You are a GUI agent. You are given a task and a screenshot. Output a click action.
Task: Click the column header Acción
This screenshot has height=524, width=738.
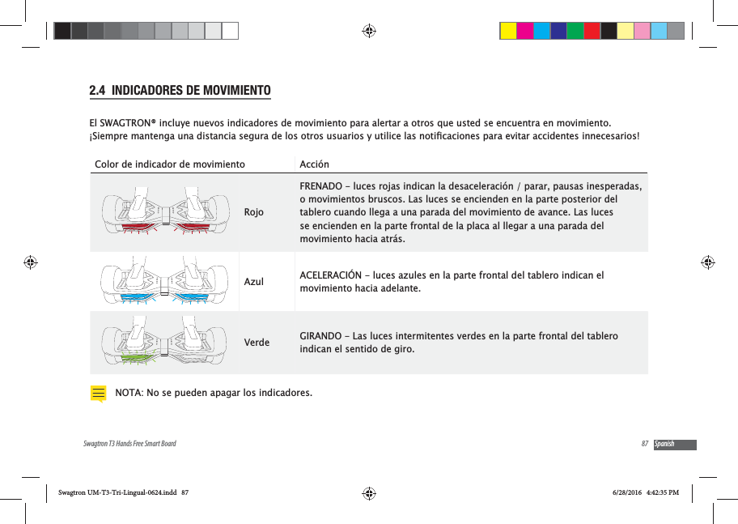click(314, 164)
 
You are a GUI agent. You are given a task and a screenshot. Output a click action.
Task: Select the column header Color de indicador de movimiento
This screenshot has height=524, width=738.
click(170, 164)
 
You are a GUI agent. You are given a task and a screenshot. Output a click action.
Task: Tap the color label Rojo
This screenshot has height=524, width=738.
click(254, 212)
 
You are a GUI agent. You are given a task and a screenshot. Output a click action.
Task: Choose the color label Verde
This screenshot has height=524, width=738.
click(257, 342)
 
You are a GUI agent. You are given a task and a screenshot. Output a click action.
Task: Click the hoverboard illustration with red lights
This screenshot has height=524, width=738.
click(165, 212)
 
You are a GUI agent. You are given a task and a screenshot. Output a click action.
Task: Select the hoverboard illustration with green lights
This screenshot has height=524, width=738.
click(165, 342)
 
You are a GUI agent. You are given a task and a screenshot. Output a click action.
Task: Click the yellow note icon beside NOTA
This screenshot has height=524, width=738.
click(98, 394)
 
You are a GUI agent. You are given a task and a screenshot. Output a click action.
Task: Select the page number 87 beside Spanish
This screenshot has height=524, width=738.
click(644, 445)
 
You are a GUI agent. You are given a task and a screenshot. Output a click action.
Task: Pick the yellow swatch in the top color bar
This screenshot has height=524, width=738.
click(508, 31)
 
